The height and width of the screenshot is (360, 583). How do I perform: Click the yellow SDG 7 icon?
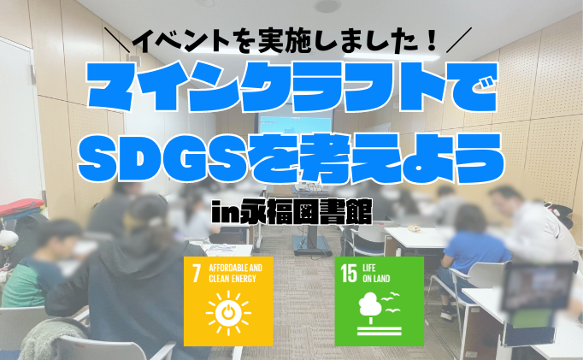click(229, 300)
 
